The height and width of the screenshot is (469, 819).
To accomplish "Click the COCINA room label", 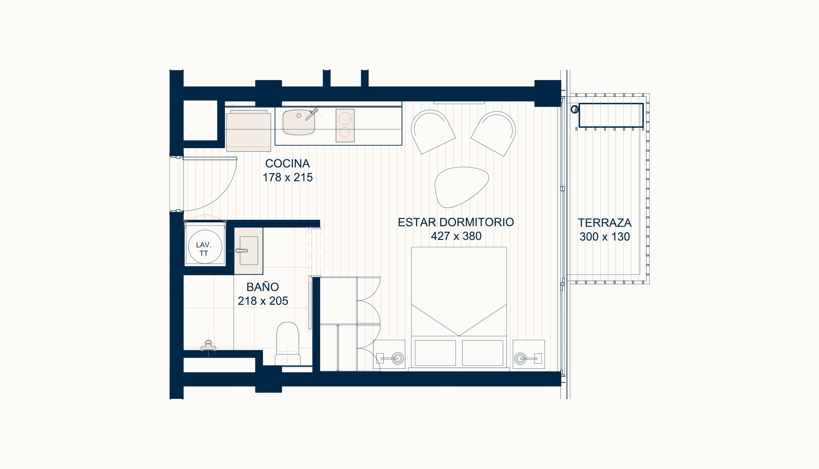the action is tap(287, 163).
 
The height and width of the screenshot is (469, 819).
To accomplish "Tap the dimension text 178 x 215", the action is tap(288, 177).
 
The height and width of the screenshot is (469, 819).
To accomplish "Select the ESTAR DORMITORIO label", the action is tap(456, 222).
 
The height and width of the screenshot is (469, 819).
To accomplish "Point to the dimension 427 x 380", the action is tap(456, 236).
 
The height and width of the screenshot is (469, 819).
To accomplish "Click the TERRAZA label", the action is tap(604, 223).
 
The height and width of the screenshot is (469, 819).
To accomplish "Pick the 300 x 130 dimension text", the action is tap(604, 237).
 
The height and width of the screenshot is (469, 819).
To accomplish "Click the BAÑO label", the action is tap(262, 286).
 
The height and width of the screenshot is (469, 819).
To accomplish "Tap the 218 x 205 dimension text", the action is tap(263, 301).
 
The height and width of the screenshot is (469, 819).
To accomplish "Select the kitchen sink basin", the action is tap(298, 122).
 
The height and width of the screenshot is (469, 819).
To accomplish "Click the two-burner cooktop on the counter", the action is tap(345, 125).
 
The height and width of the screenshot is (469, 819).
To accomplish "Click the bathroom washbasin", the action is tap(249, 251).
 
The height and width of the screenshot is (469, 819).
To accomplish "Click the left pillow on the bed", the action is tap(435, 353).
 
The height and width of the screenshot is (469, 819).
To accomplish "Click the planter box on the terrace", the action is tap(611, 115).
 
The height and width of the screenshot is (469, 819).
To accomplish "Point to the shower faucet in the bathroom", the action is tap(209, 345).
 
